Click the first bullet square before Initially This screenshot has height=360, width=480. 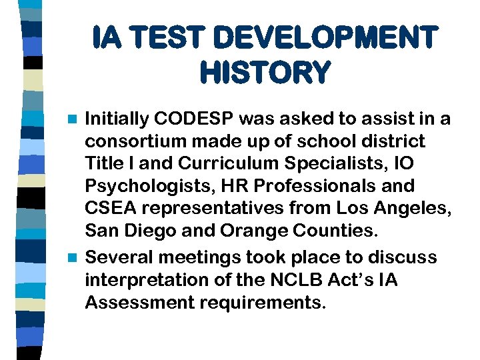[x=74, y=119]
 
